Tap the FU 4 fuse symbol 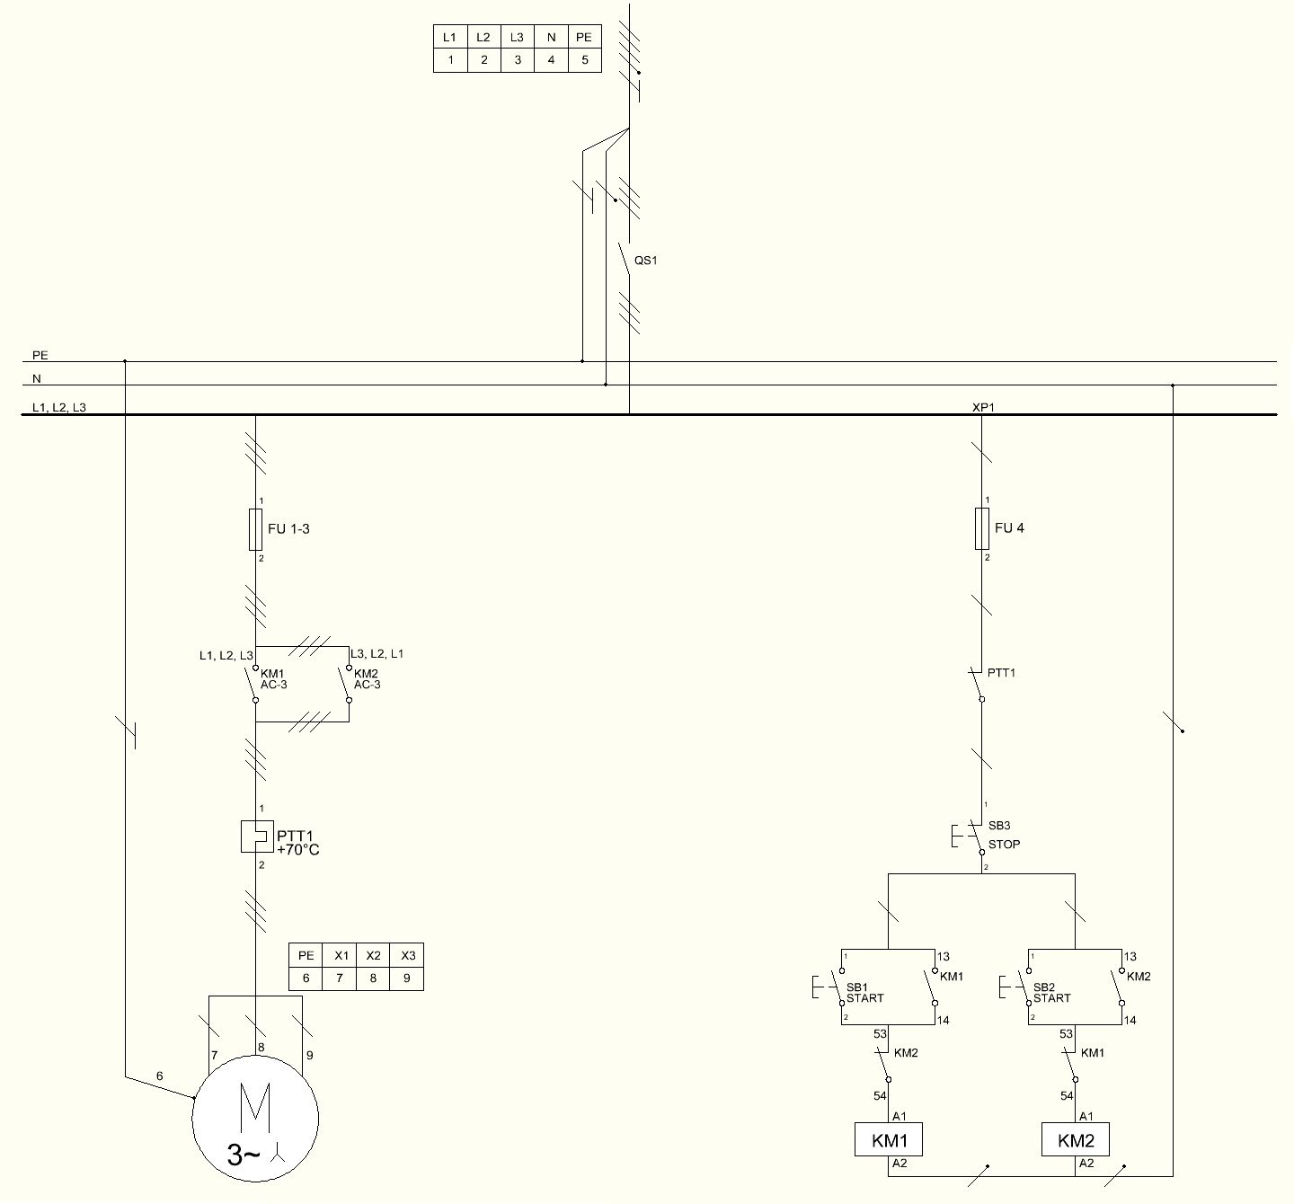point(982,528)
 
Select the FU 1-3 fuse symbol point(255,529)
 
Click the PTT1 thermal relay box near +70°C point(257,837)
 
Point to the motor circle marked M point(255,1119)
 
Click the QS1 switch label point(646,261)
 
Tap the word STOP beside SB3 point(1004,845)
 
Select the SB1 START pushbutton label point(864,993)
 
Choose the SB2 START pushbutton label point(1051,993)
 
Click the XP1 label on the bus point(983,407)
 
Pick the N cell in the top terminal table point(551,37)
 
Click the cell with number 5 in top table point(584,60)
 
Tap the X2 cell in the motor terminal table point(373,956)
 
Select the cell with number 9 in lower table point(406,978)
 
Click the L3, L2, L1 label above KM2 point(377,653)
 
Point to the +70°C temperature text point(297,850)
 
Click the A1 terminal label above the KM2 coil point(1086,1116)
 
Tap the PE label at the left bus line point(40,355)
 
